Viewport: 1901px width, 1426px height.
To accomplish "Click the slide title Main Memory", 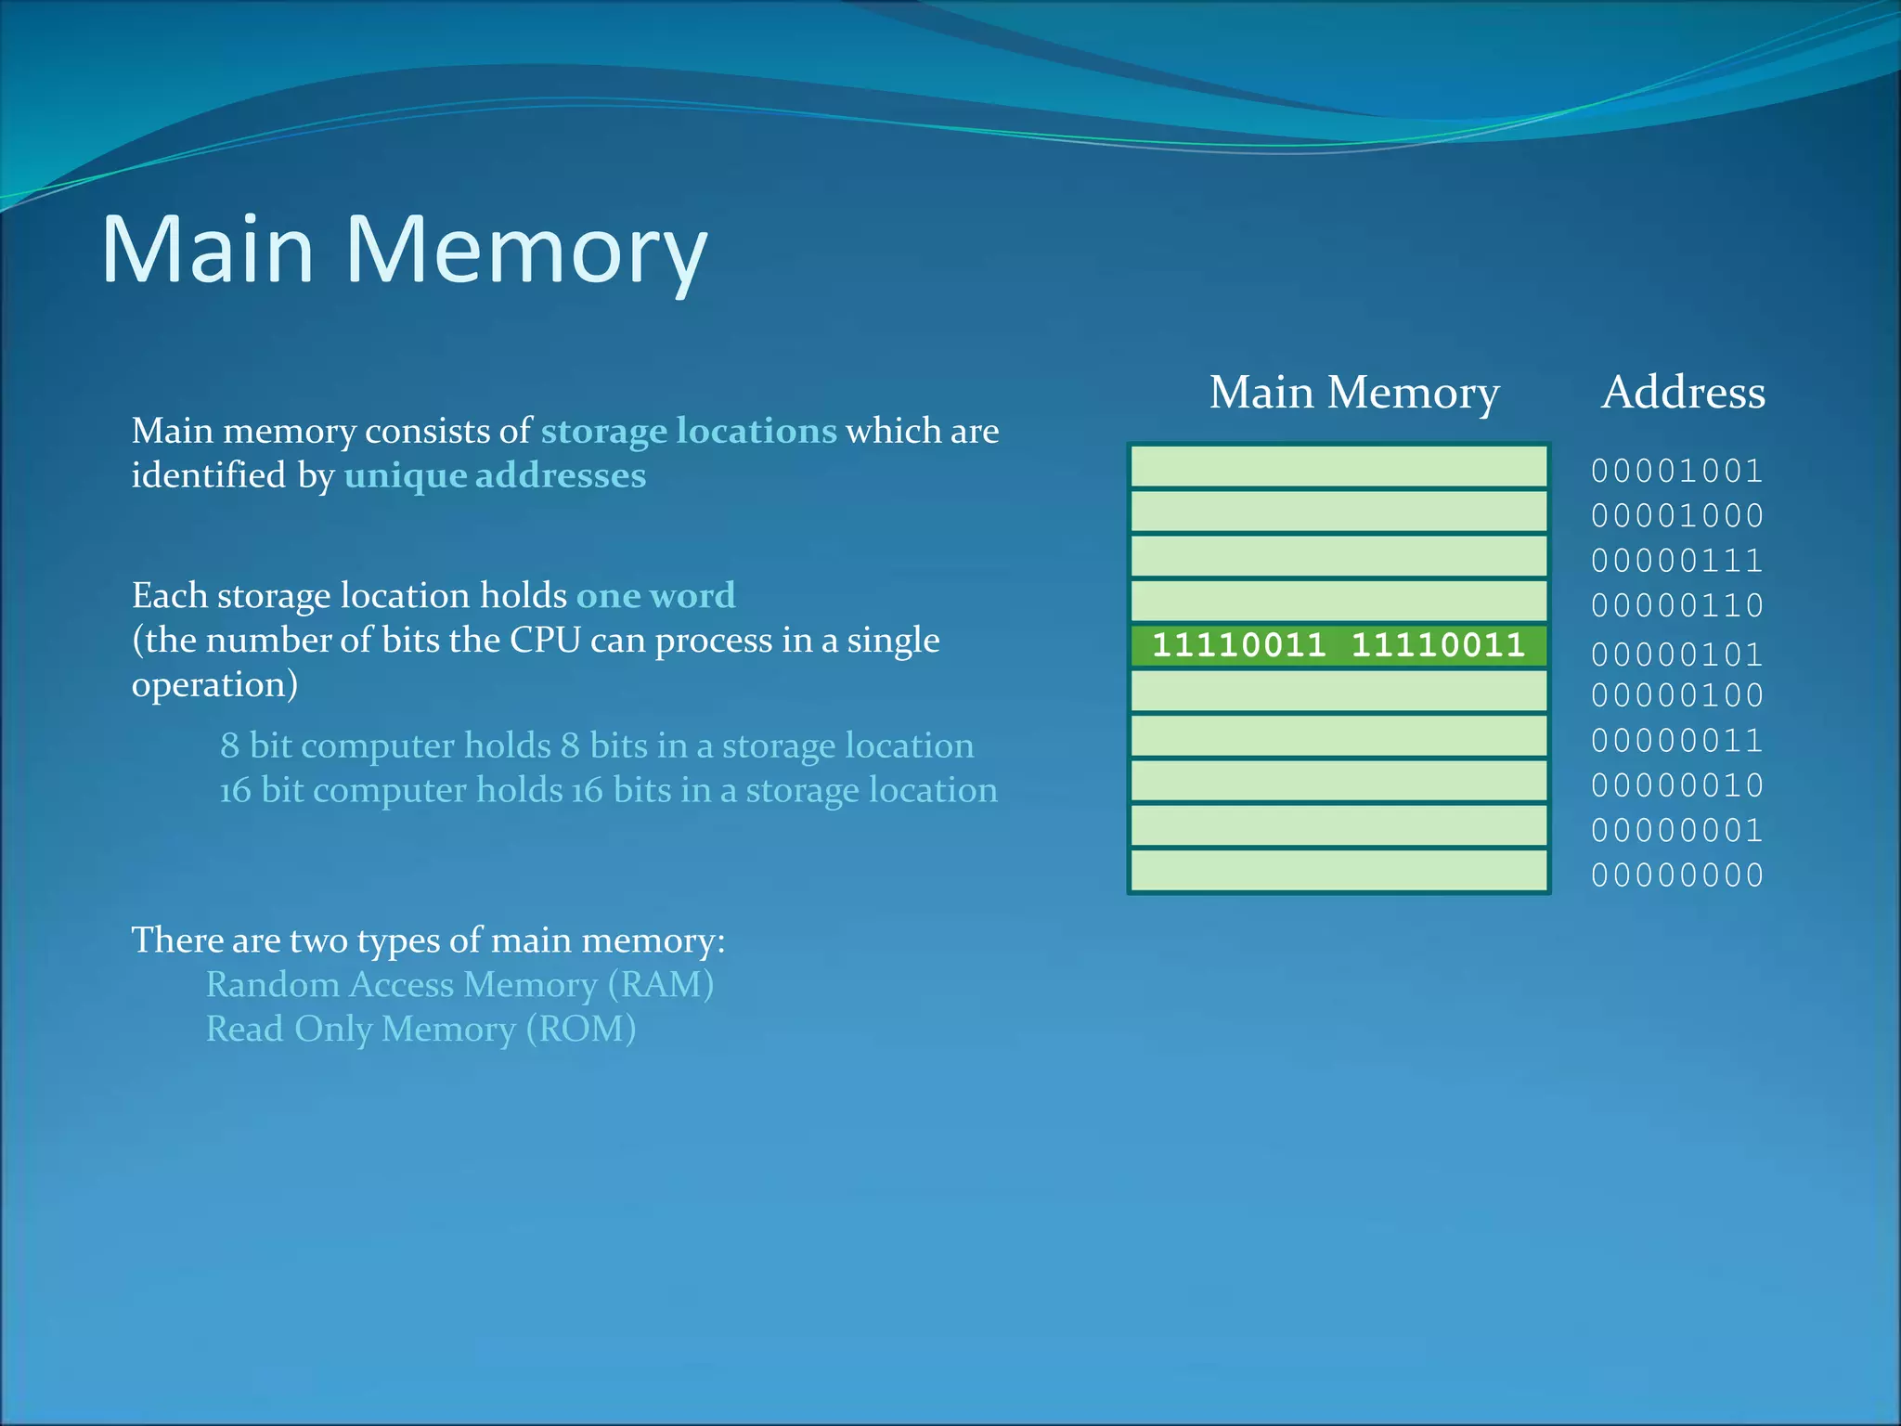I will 404,249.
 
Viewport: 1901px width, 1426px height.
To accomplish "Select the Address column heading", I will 1683,392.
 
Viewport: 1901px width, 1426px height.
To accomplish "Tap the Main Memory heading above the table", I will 1353,392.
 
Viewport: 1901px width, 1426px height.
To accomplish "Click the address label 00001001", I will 1677,471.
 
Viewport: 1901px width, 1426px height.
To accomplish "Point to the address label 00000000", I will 1677,875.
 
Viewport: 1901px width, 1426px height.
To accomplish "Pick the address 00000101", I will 1677,655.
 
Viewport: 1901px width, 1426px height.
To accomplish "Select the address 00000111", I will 1677,560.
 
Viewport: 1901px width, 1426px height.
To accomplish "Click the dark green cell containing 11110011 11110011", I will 1338,645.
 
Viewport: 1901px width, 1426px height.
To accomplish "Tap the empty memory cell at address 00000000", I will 1338,871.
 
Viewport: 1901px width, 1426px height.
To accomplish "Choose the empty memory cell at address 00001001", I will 1338,467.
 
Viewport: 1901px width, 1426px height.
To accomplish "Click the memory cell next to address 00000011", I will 1338,736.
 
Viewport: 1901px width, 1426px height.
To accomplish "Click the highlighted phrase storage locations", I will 689,431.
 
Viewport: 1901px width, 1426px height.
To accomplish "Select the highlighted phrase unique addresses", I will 495,475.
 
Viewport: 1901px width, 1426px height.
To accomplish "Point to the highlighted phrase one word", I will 655,595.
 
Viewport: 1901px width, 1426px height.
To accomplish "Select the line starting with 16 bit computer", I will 608,790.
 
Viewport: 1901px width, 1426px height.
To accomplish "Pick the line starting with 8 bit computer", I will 597,745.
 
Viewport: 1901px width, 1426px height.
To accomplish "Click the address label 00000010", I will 1677,785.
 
